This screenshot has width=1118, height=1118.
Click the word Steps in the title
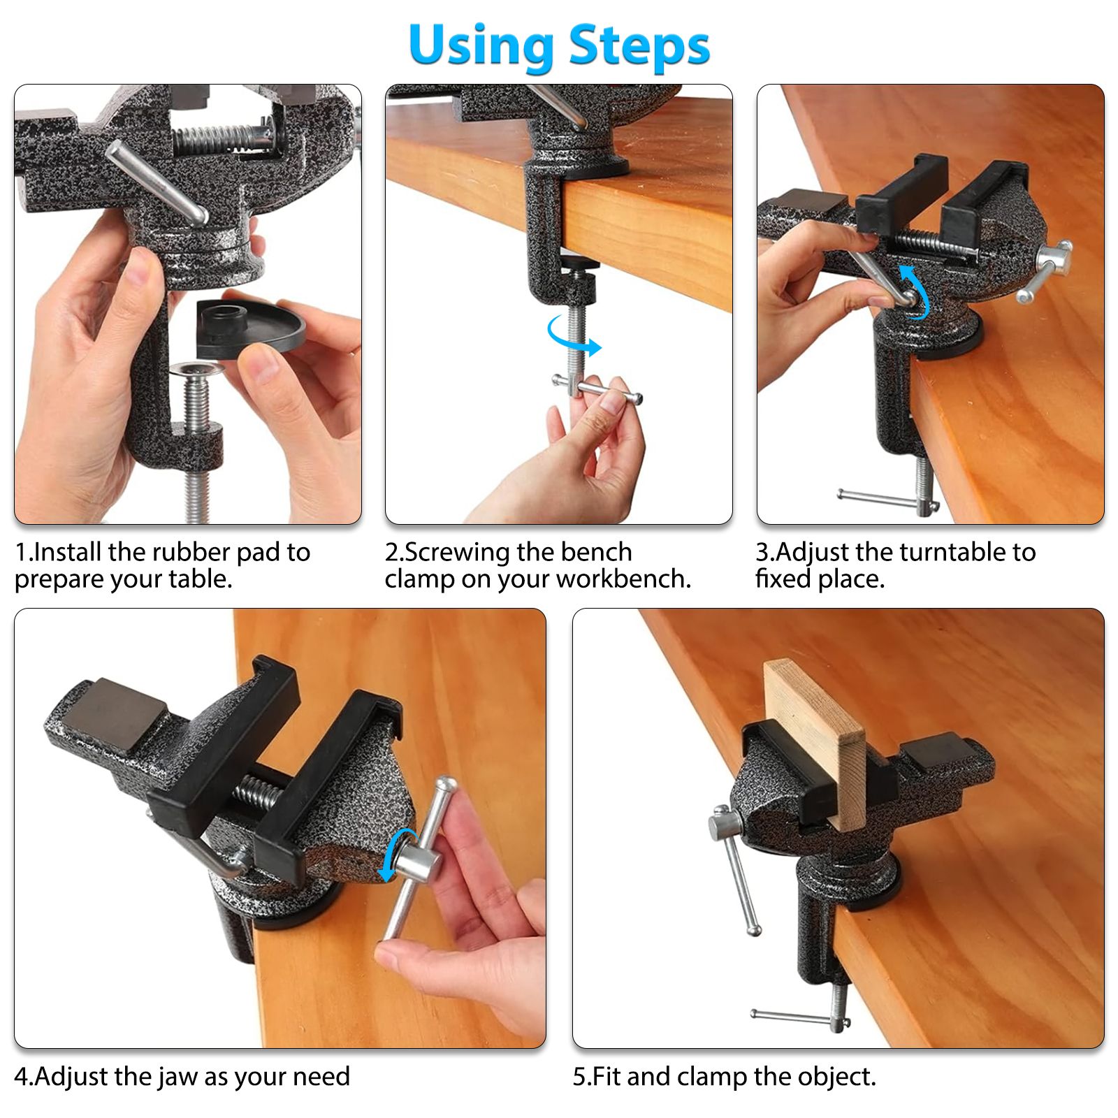(639, 46)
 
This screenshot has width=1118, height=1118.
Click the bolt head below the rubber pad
(197, 369)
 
